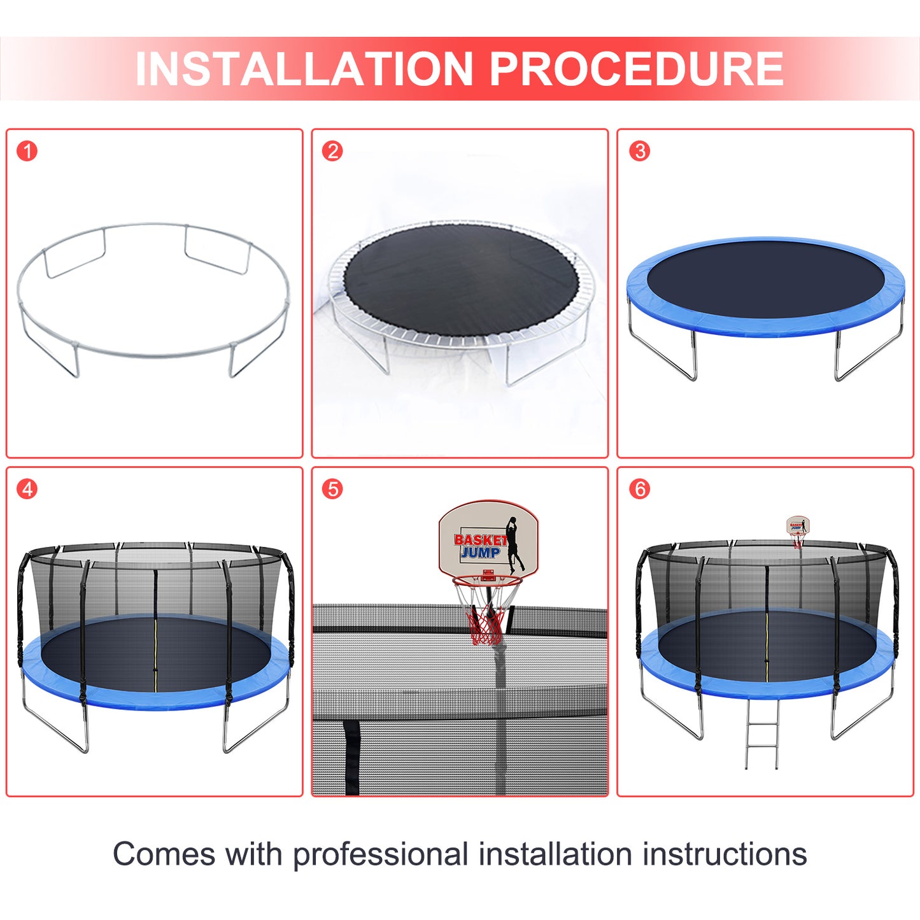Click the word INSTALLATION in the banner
coord(304,69)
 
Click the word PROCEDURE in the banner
coord(637,69)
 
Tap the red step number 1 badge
coord(27,152)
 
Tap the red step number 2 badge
coord(332,152)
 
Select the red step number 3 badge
coord(640,152)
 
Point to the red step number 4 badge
coord(27,490)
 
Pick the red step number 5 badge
coord(332,490)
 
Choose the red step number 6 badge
coord(640,490)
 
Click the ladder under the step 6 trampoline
coord(763,735)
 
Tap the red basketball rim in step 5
coord(486,581)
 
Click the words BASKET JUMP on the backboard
coord(480,546)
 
